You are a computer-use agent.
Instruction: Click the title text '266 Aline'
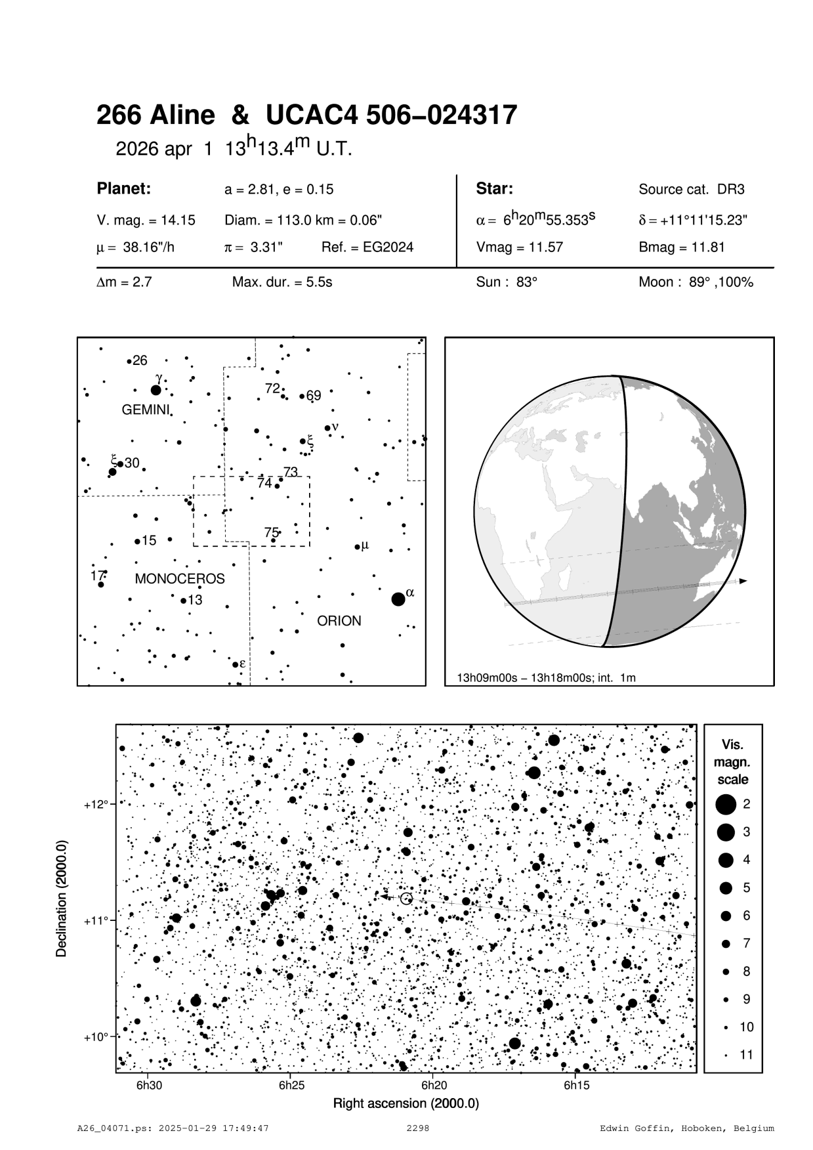(156, 116)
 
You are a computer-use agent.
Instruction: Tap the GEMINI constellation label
(146, 410)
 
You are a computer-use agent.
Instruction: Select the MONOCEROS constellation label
(180, 579)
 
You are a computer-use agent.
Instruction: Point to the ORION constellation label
(339, 621)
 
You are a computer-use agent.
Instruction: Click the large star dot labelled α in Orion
(398, 599)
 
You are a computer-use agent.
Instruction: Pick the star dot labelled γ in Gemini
(156, 391)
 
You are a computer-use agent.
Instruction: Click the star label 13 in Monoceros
(195, 600)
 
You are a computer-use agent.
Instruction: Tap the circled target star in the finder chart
(406, 899)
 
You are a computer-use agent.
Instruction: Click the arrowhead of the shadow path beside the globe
(743, 581)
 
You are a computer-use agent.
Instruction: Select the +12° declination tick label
(96, 804)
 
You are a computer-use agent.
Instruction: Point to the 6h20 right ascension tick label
(434, 1085)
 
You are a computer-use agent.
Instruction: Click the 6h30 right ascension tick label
(149, 1085)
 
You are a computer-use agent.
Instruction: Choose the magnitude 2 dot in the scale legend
(726, 803)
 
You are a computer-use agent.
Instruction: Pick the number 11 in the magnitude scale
(747, 1055)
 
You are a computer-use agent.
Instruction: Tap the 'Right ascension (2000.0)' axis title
(406, 1103)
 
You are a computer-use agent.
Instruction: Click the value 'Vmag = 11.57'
(520, 247)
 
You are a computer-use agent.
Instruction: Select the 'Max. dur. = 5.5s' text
(282, 283)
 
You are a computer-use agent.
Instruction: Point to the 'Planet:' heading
(124, 189)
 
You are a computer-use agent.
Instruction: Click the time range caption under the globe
(546, 677)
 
